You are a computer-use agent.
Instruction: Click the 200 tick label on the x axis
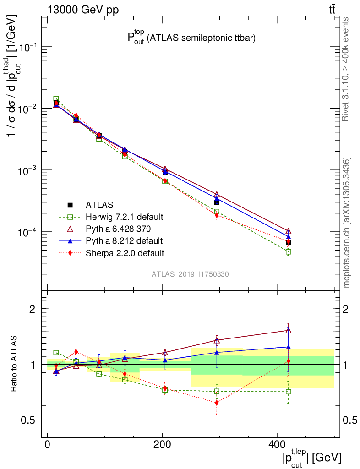point(162,445)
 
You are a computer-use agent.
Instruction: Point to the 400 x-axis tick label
point(276,445)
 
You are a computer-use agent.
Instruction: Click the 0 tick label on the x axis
point(48,445)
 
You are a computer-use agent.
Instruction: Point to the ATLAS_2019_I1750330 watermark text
point(191,274)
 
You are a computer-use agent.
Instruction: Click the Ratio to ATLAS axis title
point(14,364)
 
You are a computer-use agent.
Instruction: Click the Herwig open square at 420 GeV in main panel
point(288,252)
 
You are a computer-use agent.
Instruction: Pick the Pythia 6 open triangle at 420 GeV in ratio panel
point(288,330)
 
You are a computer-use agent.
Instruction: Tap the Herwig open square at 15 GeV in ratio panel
point(56,353)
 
